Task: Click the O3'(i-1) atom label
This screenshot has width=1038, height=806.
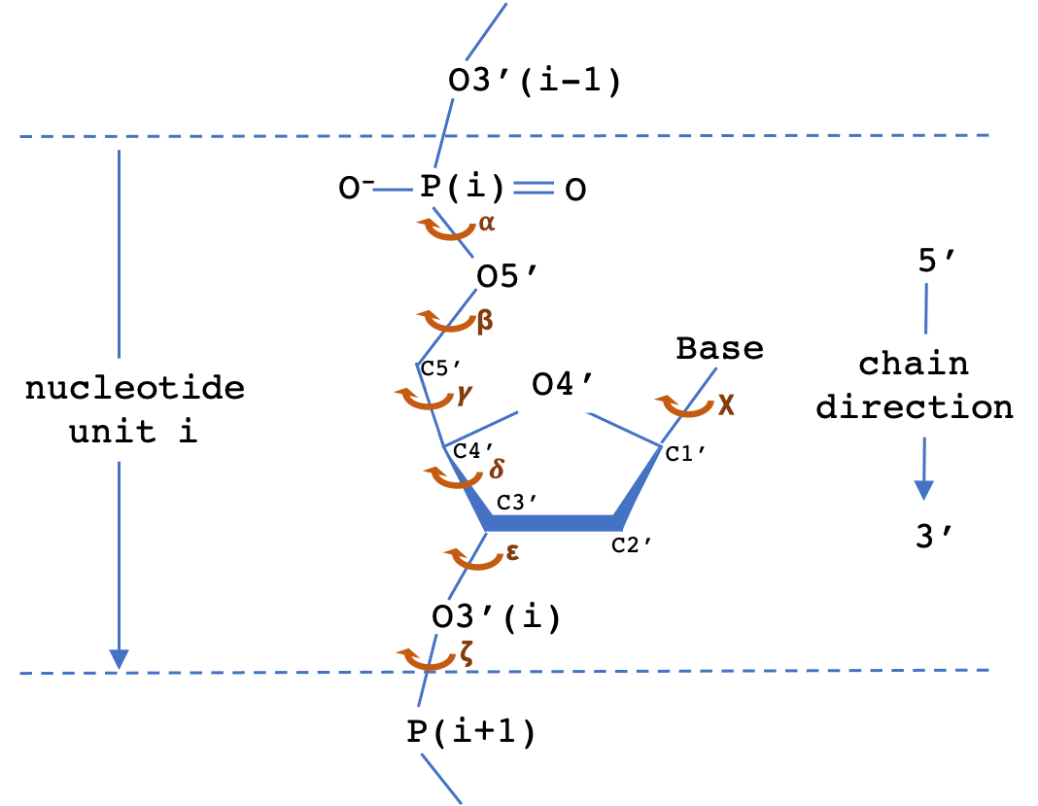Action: [535, 82]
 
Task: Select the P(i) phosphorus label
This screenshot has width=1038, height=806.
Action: [462, 187]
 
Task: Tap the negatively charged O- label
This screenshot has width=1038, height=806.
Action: [356, 188]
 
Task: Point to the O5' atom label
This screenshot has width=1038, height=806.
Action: [506, 275]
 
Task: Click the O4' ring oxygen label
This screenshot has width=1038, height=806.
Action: [562, 383]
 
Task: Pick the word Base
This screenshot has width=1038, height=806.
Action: [719, 348]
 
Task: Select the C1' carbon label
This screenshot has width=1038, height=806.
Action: [684, 453]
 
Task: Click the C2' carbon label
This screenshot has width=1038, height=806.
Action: [631, 544]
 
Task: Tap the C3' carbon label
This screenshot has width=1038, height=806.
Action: [516, 502]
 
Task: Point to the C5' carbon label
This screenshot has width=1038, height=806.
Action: [440, 368]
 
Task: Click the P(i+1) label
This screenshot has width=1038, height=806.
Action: [470, 732]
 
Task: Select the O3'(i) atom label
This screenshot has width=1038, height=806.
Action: [496, 617]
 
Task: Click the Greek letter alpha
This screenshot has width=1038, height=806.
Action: [487, 224]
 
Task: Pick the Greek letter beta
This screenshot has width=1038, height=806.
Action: [485, 321]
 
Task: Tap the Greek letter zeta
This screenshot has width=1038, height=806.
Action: [467, 653]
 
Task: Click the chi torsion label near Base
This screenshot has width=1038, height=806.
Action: [726, 404]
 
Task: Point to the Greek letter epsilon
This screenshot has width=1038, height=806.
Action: [512, 551]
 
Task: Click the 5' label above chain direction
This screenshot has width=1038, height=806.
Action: [936, 260]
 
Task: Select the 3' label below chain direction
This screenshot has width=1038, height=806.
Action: [933, 536]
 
